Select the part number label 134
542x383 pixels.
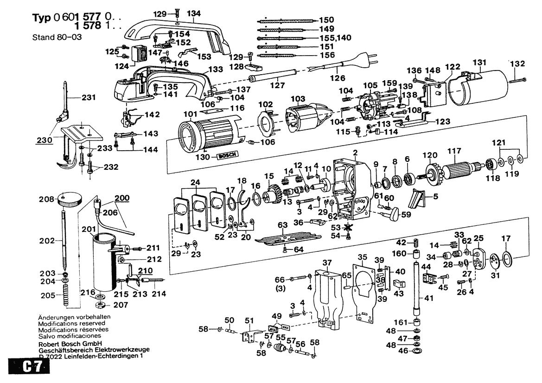point(194,13)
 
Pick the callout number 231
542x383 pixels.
point(89,97)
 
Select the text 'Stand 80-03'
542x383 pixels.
point(57,37)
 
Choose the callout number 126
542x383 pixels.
point(338,78)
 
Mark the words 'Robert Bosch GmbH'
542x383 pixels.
point(70,344)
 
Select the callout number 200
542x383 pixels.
point(122,198)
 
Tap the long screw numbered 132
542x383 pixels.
point(517,80)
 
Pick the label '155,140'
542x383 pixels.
point(335,38)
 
